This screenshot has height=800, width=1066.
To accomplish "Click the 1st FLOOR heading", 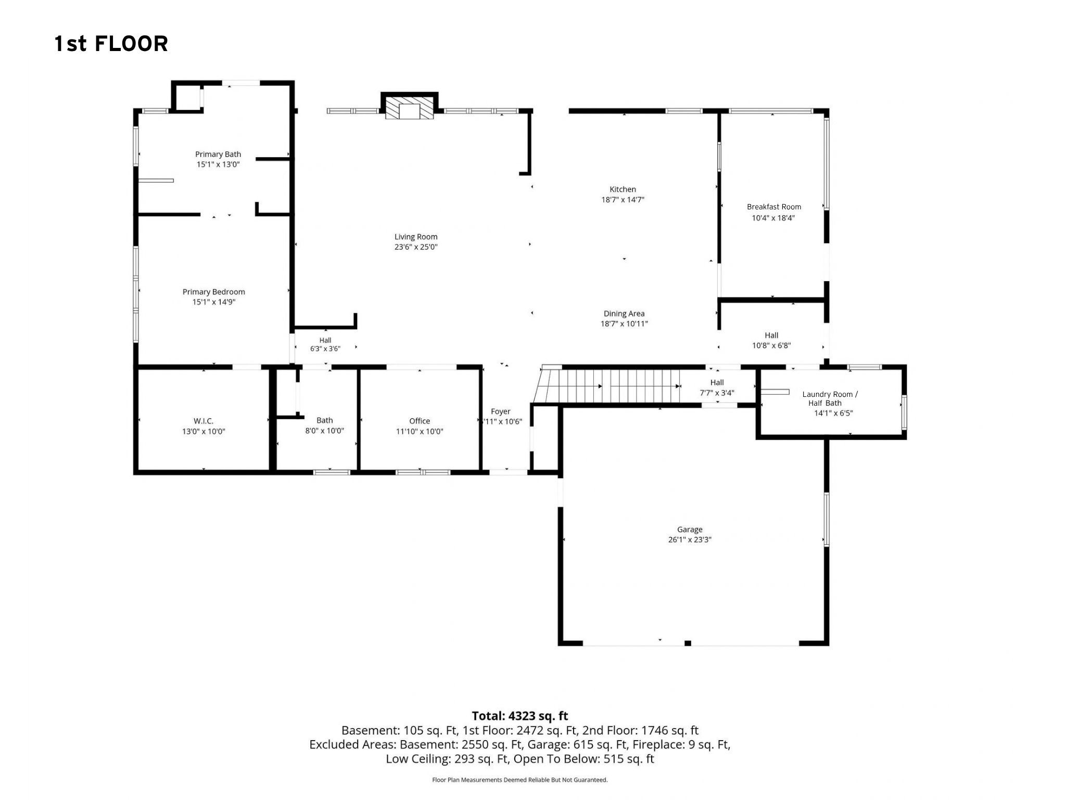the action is [111, 44].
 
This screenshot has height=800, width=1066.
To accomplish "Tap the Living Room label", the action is [416, 236].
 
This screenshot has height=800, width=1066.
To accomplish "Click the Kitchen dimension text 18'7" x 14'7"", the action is [623, 199].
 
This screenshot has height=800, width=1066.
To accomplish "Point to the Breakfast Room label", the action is [774, 207].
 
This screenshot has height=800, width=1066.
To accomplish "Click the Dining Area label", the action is [624, 314].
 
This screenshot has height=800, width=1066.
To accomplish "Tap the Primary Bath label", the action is [218, 154].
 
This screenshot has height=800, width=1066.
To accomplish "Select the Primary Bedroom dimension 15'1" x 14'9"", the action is [214, 302].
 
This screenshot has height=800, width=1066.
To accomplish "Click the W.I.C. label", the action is [204, 421].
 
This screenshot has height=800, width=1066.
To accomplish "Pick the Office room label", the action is [420, 421].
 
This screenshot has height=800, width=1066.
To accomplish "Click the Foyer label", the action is [501, 411].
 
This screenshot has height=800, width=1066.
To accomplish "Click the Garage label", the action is [690, 530].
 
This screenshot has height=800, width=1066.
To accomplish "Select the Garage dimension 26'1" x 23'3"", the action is [690, 540].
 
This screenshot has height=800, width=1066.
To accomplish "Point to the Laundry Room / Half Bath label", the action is [830, 398].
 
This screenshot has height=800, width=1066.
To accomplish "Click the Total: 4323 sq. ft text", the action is [520, 716].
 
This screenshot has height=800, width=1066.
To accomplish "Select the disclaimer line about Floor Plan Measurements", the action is [520, 780].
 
